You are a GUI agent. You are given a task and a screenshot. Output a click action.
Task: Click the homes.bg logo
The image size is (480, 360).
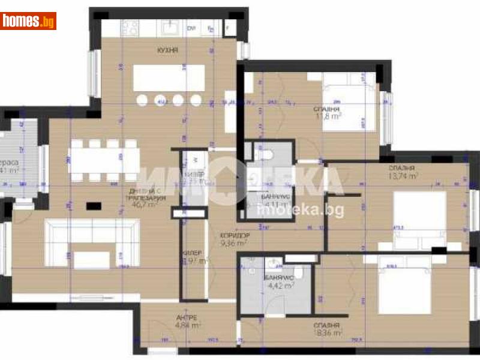[28, 21]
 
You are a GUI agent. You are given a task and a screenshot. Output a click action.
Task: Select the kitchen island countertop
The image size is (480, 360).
[169, 78]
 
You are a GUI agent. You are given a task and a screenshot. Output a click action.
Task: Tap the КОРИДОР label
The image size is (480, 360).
[234, 236]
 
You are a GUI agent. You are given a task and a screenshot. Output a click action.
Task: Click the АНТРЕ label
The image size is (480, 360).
[187, 317]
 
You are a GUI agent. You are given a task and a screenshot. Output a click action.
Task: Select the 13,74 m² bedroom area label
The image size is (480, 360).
[403, 176]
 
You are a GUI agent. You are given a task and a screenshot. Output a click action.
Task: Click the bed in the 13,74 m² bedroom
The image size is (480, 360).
[420, 219]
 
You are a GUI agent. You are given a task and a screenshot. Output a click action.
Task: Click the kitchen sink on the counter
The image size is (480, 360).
[169, 27]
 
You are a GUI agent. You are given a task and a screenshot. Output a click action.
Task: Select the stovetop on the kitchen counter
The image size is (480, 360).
[131, 27]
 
